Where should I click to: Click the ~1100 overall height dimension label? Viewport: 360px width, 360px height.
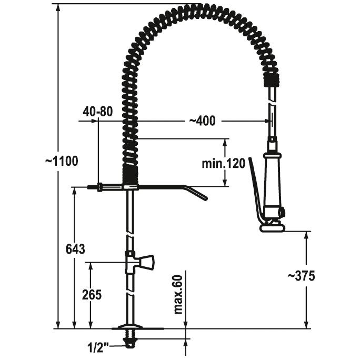click(61, 161)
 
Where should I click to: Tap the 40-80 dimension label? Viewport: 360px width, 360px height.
click(98, 112)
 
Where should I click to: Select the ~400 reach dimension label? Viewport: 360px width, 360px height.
click(202, 121)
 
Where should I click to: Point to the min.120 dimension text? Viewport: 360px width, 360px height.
click(223, 164)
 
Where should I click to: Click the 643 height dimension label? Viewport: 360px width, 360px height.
click(75, 249)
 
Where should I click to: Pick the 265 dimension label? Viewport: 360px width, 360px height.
click(92, 295)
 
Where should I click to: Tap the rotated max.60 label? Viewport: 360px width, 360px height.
click(178, 295)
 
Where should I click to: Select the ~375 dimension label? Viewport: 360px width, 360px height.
click(301, 276)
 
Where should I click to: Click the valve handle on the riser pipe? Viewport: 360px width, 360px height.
click(147, 262)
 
